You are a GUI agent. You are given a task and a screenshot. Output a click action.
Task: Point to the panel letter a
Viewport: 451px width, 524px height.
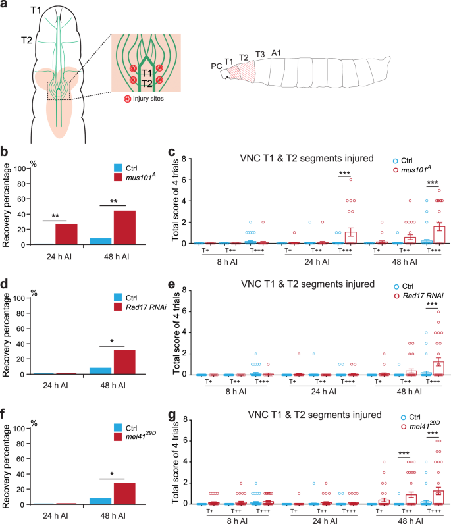pyautogui.click(x=5, y=6)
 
